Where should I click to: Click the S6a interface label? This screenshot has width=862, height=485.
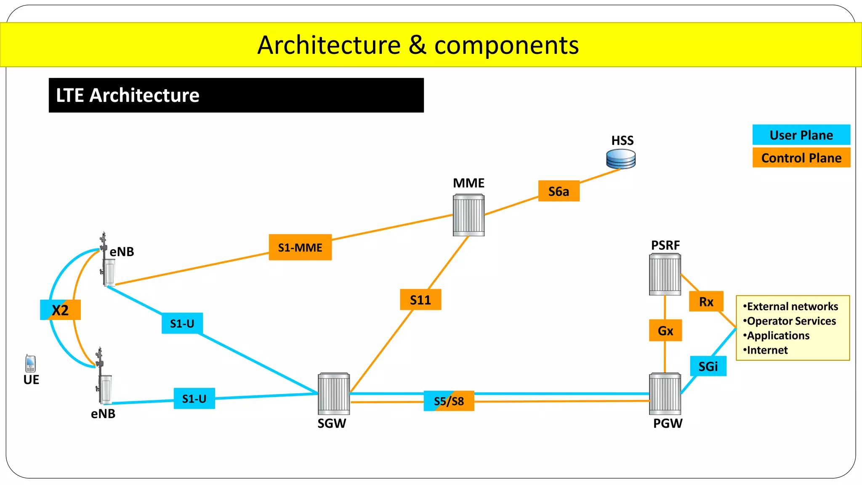click(x=559, y=191)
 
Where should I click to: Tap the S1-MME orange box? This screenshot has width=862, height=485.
click(x=300, y=247)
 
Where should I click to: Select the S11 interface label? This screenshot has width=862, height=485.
click(x=420, y=300)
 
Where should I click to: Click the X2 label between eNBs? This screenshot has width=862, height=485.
click(x=60, y=310)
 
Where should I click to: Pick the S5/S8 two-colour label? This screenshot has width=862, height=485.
click(x=449, y=401)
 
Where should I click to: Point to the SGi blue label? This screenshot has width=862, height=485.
click(x=708, y=366)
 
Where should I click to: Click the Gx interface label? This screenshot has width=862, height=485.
click(x=665, y=330)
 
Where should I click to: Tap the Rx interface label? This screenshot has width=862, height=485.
click(x=706, y=301)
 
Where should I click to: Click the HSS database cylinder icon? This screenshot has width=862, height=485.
click(x=621, y=159)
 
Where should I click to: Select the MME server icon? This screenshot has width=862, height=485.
click(x=468, y=215)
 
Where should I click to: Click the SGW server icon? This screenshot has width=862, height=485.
click(x=334, y=394)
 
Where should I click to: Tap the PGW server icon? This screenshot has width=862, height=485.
click(x=665, y=394)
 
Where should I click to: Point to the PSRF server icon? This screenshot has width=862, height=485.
click(x=665, y=274)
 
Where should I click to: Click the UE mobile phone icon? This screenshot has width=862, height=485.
click(x=30, y=364)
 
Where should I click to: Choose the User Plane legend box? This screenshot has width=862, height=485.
click(x=801, y=135)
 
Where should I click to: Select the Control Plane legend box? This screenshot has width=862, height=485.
click(x=801, y=158)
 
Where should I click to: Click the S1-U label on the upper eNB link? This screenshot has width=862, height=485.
click(x=182, y=323)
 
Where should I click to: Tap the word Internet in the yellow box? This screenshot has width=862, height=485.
click(x=767, y=350)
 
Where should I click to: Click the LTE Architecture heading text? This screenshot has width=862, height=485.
click(x=128, y=96)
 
